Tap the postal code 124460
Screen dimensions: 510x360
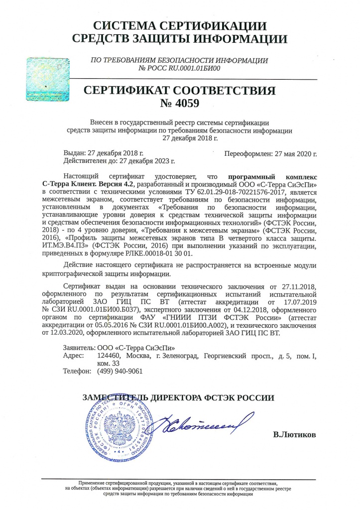(111, 356)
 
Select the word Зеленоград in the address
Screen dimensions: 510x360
(177, 356)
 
